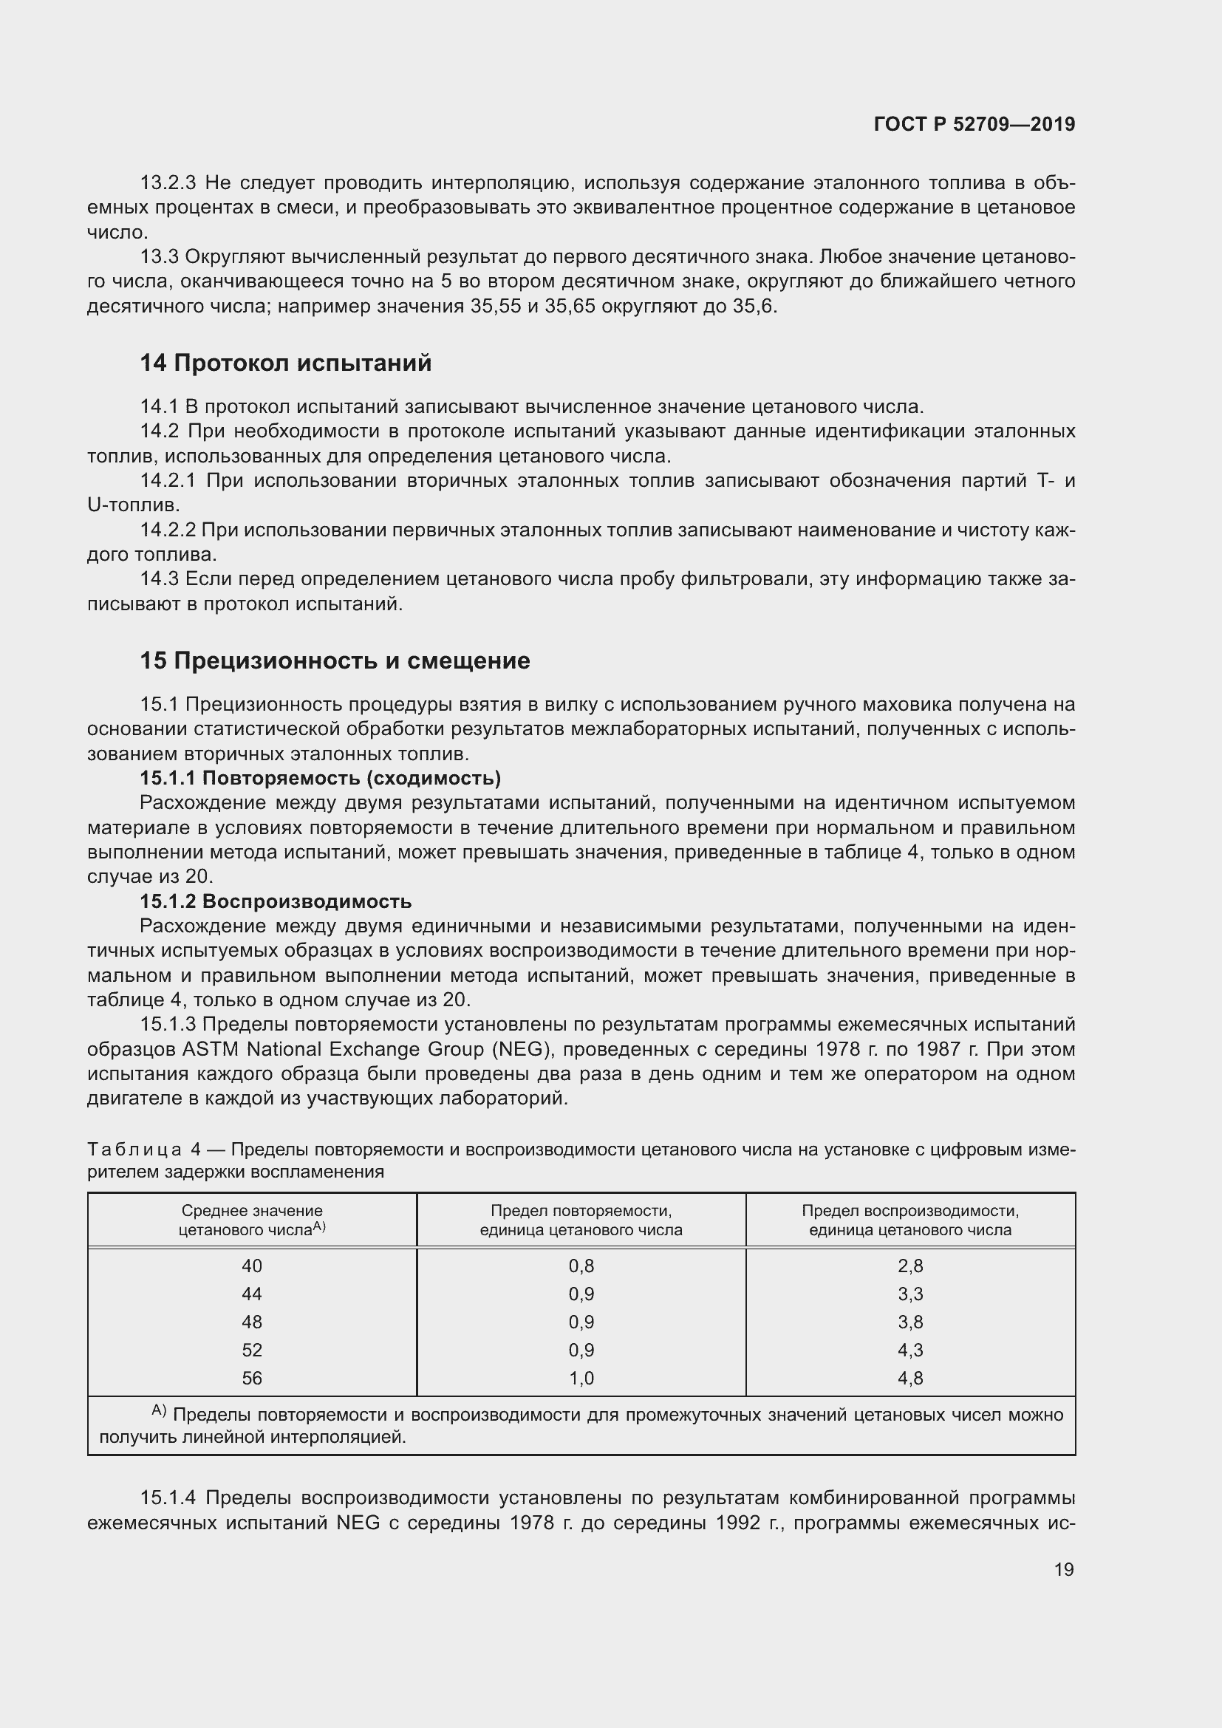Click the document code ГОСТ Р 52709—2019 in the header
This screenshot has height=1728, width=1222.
(974, 124)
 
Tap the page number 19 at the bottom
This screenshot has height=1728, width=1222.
(1063, 1569)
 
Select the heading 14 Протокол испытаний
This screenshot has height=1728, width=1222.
(285, 363)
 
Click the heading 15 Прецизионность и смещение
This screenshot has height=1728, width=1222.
(335, 660)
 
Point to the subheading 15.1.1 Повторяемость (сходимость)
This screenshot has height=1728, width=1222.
(321, 777)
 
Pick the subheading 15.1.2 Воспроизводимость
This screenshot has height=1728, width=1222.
(276, 901)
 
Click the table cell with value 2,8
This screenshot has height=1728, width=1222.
(909, 1266)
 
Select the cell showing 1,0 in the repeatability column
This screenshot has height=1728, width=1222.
(581, 1378)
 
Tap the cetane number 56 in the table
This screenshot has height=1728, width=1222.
(252, 1378)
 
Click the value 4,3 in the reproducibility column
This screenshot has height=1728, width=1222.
(909, 1350)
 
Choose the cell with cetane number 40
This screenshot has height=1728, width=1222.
(252, 1266)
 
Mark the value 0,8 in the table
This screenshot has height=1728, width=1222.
(581, 1266)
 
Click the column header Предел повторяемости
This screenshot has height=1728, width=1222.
(581, 1220)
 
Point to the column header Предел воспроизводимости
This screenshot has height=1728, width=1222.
(909, 1220)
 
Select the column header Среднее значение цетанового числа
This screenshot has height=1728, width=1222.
(252, 1220)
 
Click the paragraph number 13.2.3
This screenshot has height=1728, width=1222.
(168, 183)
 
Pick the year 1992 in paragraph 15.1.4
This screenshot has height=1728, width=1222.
(742, 1523)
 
